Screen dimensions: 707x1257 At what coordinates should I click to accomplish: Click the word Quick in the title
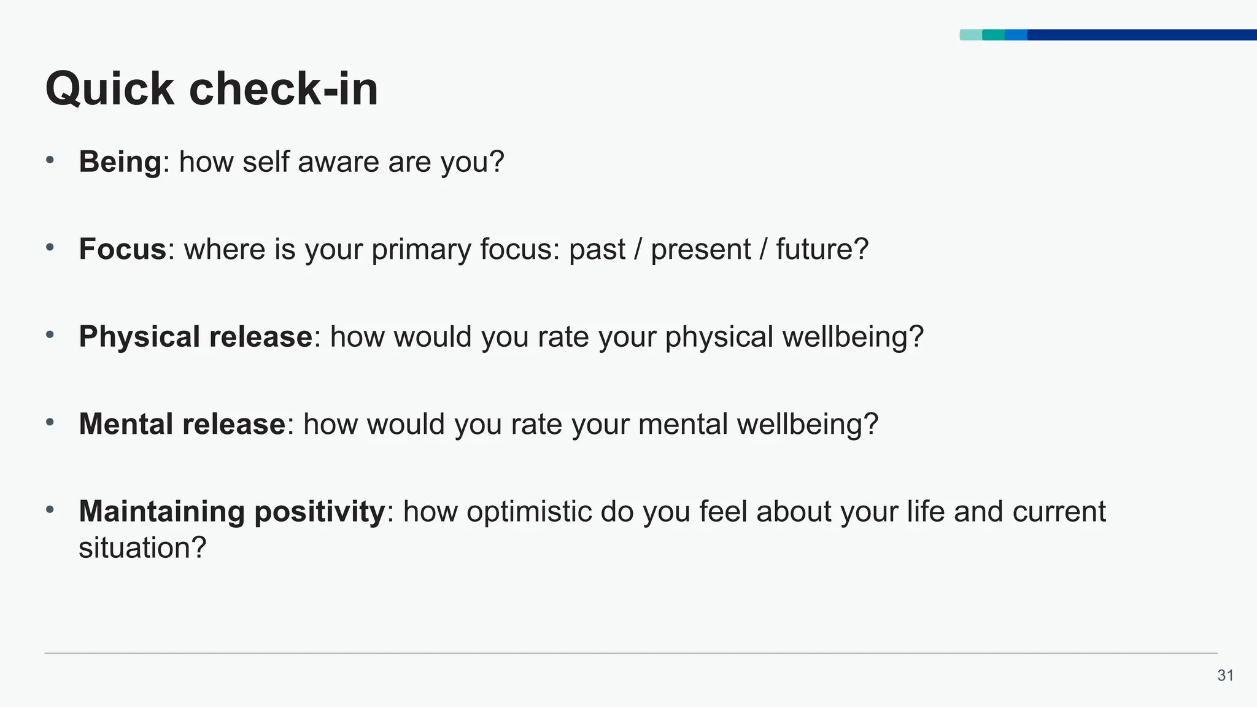tap(109, 90)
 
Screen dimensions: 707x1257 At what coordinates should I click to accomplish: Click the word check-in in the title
tap(283, 90)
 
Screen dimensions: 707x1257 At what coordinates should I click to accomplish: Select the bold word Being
tap(120, 163)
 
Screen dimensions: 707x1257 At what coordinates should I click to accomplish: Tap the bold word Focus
tap(122, 250)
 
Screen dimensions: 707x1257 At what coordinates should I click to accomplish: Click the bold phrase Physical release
tap(195, 337)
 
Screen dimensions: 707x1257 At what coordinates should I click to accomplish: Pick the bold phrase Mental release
tap(182, 424)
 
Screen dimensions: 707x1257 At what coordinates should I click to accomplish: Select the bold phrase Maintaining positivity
tap(231, 512)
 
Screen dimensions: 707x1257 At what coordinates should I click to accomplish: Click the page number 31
tap(1225, 676)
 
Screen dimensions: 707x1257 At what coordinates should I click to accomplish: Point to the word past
tap(597, 250)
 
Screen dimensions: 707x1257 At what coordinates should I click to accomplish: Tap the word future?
tap(822, 250)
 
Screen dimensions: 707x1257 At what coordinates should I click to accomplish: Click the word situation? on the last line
tap(142, 547)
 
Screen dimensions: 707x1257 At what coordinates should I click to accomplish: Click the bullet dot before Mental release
tap(50, 422)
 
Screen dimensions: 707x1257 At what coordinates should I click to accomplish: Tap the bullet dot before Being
tap(50, 161)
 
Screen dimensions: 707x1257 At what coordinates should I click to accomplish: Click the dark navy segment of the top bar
tap(1142, 35)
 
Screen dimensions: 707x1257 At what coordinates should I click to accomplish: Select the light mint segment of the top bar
tap(970, 35)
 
